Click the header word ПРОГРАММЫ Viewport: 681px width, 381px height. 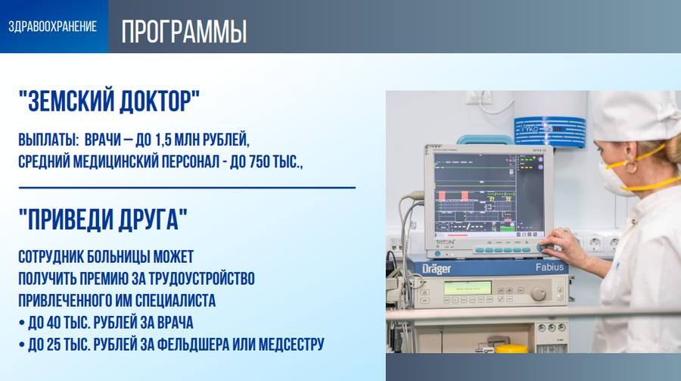coord(184,32)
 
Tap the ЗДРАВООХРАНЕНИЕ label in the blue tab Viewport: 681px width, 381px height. coord(52,27)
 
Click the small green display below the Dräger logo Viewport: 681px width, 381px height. coord(467,289)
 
